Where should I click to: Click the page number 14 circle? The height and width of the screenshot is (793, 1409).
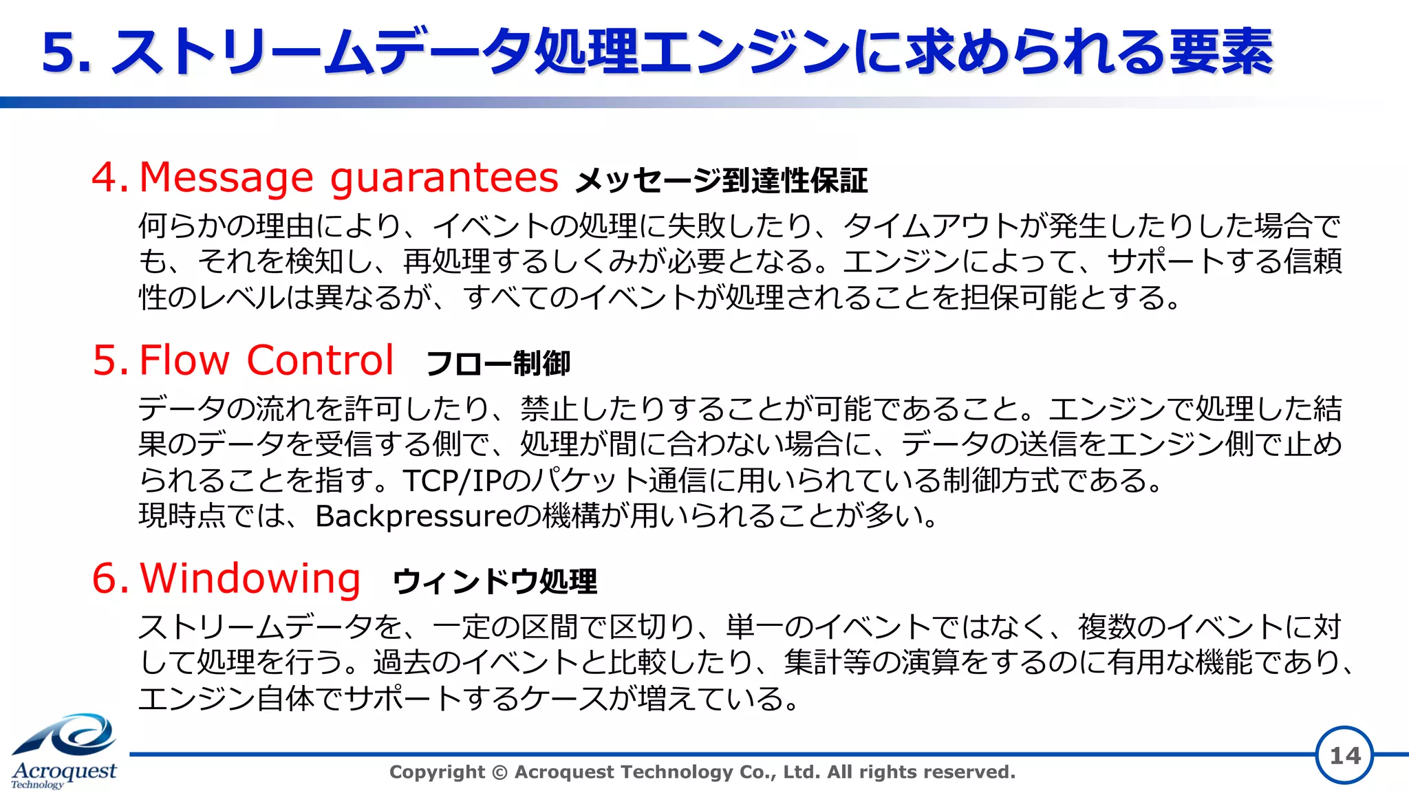pos(1344,755)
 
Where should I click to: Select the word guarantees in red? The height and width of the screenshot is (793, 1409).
pos(444,177)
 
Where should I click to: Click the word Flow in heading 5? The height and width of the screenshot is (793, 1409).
pos(184,360)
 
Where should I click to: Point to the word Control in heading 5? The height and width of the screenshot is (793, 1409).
pos(320,360)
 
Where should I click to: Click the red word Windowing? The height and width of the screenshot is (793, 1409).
pos(250,578)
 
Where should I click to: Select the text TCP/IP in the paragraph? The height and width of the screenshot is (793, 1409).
pos(451,480)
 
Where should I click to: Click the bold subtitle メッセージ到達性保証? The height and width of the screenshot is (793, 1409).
pos(722,181)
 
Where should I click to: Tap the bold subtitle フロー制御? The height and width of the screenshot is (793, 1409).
pos(498,363)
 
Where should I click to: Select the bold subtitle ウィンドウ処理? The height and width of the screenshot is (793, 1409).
pos(495,581)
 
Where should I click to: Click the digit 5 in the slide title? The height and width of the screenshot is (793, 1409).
pos(59,52)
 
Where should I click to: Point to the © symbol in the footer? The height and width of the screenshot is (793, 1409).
pos(500,772)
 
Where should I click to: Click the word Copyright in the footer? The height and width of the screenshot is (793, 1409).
pos(437,772)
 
